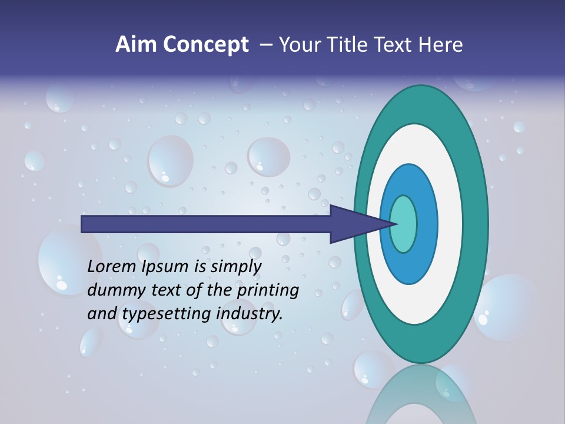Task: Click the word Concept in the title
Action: click(205, 45)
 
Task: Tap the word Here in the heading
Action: click(440, 45)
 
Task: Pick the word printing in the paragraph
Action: click(267, 291)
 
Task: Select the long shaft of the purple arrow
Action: click(206, 224)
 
